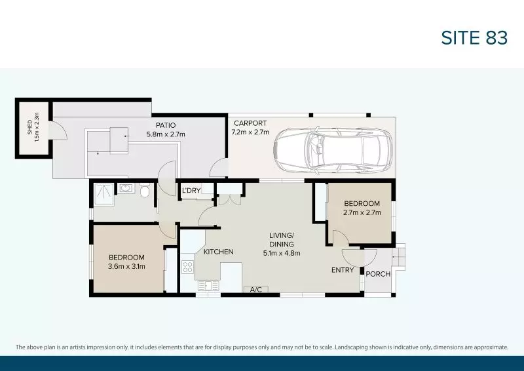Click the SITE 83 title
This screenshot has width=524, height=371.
pyautogui.click(x=474, y=37)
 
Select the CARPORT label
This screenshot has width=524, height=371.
pyautogui.click(x=250, y=123)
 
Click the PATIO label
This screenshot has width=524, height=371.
pyautogui.click(x=165, y=125)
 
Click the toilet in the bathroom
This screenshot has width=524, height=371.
pyautogui.click(x=145, y=190)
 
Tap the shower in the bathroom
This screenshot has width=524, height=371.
pyautogui.click(x=103, y=191)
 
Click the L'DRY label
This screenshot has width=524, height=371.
pyautogui.click(x=191, y=191)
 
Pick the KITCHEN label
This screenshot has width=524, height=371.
pyautogui.click(x=218, y=252)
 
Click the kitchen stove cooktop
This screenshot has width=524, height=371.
pyautogui.click(x=187, y=267)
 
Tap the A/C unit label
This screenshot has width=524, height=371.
pyautogui.click(x=254, y=289)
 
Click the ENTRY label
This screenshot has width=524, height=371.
pyautogui.click(x=343, y=270)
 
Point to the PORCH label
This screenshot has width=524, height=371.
pyautogui.click(x=377, y=274)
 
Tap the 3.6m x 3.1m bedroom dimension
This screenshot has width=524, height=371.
pyautogui.click(x=126, y=266)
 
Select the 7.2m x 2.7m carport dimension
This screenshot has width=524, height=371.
pyautogui.click(x=250, y=132)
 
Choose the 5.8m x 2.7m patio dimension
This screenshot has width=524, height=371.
pyautogui.click(x=166, y=134)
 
